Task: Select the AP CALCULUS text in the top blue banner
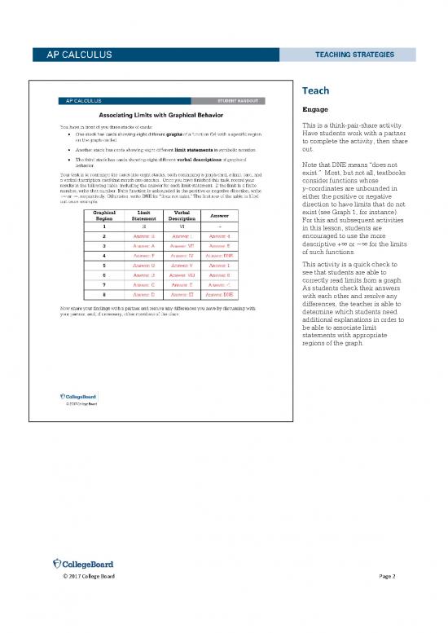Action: click(x=69, y=55)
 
